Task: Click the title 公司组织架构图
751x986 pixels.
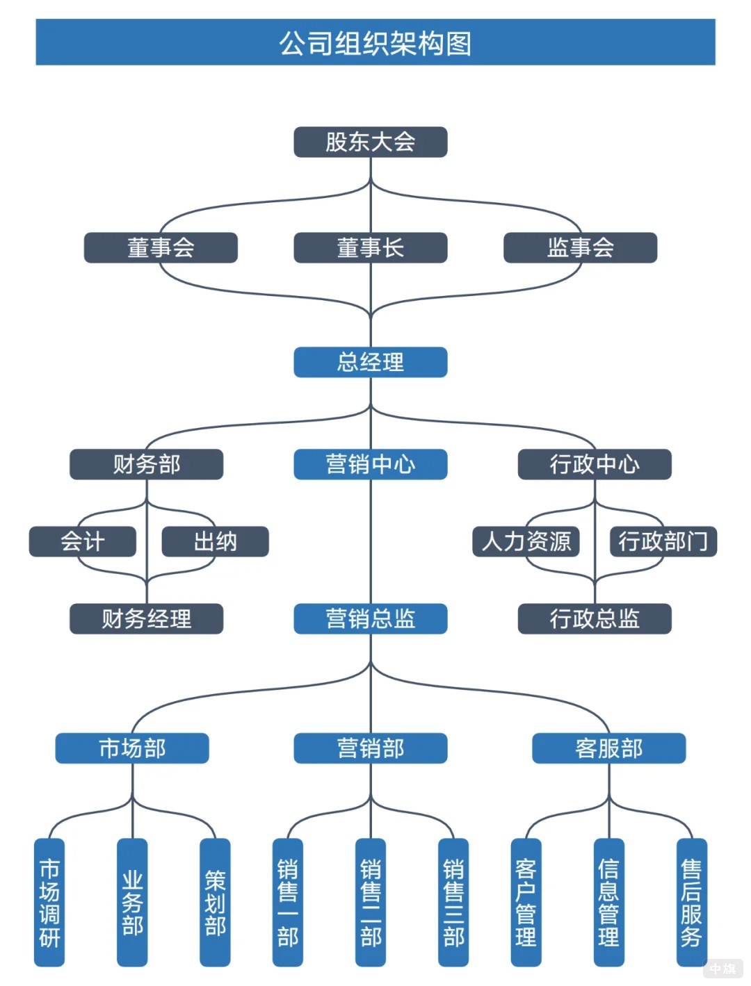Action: tap(375, 43)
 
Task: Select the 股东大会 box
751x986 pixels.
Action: tap(370, 142)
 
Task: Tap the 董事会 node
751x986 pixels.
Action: tap(161, 248)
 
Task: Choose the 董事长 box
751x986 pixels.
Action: tap(370, 248)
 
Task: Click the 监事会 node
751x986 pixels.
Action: tap(580, 248)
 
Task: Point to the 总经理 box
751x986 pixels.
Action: tap(370, 362)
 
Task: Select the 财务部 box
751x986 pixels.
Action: tap(146, 464)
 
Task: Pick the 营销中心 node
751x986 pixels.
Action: tap(370, 464)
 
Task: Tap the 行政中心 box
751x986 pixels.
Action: tap(595, 464)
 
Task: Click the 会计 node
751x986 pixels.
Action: tap(82, 541)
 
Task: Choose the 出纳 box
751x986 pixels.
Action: tap(215, 541)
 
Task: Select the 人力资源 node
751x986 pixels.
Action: tap(526, 541)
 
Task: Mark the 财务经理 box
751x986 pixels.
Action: tap(146, 618)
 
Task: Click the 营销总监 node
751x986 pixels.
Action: tap(370, 618)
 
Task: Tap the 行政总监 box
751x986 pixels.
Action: tap(595, 618)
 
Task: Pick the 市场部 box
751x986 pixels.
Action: tap(132, 748)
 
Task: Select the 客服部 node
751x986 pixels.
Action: tap(608, 748)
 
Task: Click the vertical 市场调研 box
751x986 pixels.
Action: tap(49, 902)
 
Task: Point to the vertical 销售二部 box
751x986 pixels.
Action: tap(370, 902)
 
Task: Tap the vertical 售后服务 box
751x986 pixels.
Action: tap(691, 902)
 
